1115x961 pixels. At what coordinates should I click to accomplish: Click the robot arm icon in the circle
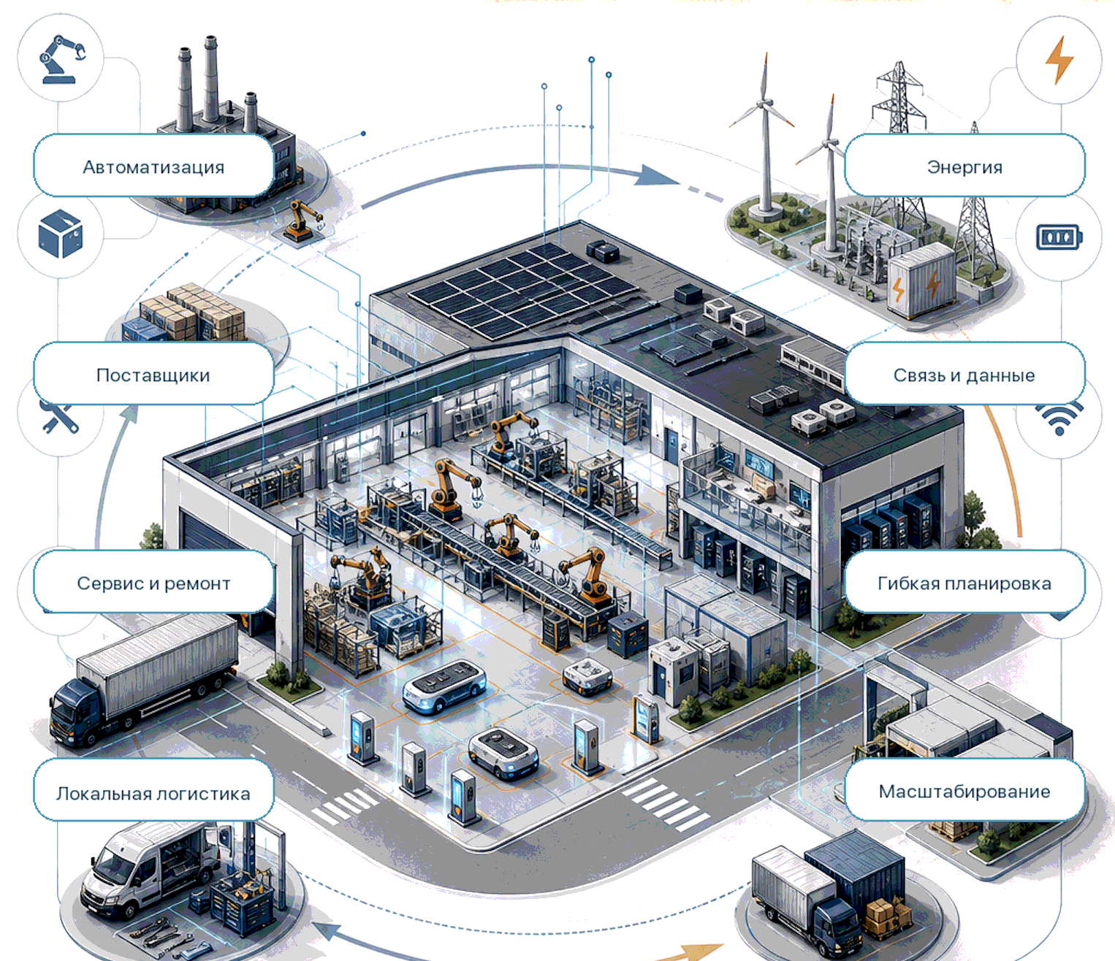tap(62, 59)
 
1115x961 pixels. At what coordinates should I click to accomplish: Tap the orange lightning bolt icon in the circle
tap(1059, 60)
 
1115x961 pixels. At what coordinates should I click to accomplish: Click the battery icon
tap(1059, 237)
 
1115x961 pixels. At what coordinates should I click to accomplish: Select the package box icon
tap(61, 234)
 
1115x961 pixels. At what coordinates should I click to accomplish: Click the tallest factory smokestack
tap(210, 81)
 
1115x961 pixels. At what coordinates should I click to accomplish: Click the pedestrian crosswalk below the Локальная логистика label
tap(345, 805)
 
